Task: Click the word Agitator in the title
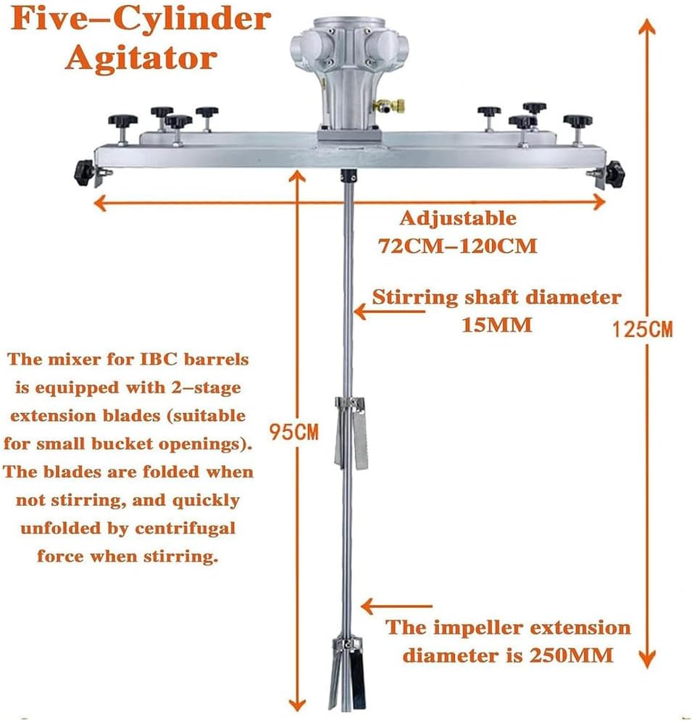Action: tap(141, 57)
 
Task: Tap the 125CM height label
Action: tap(642, 330)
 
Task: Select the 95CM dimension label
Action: tap(293, 433)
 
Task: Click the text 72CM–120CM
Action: tap(457, 246)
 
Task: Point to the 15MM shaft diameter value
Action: tap(497, 325)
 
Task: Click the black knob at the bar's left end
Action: tap(84, 172)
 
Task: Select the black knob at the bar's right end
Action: tap(614, 172)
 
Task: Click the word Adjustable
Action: tap(458, 218)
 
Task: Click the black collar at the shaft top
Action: tap(347, 176)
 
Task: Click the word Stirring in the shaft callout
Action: tap(414, 297)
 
